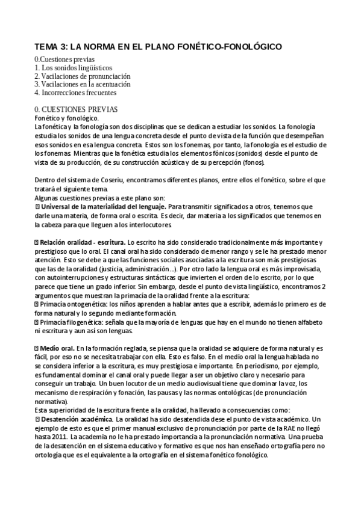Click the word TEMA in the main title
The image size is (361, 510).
47,47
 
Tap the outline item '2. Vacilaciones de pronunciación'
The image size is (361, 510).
82,76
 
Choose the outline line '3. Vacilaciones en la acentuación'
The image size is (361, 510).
82,85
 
